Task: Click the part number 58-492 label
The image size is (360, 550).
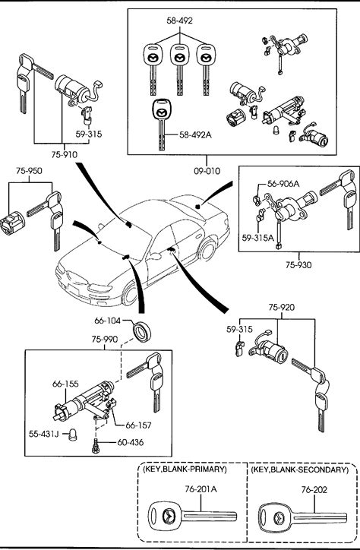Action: [x=179, y=21]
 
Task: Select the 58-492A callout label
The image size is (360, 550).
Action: [x=196, y=134]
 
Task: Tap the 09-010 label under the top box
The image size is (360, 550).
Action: [x=207, y=171]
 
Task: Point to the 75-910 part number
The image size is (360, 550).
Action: [x=64, y=155]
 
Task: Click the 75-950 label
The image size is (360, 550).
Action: [x=29, y=171]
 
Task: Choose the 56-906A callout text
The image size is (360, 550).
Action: [x=283, y=183]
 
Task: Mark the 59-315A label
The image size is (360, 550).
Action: [x=257, y=238]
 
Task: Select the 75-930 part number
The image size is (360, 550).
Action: [x=298, y=265]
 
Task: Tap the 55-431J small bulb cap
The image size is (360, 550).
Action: [x=73, y=435]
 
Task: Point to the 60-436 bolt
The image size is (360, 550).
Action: [x=95, y=446]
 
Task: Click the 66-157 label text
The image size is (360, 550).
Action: [x=138, y=425]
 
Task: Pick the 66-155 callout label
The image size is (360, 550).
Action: [x=65, y=384]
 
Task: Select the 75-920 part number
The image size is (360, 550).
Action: [x=282, y=308]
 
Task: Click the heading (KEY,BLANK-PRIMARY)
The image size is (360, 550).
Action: [x=185, y=469]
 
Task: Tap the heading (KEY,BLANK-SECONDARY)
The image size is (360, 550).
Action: [x=300, y=469]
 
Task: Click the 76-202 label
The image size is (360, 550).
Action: [x=314, y=490]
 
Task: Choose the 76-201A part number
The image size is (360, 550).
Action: [x=201, y=489]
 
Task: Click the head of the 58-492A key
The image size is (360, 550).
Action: [x=161, y=110]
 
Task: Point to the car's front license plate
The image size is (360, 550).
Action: [x=74, y=290]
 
